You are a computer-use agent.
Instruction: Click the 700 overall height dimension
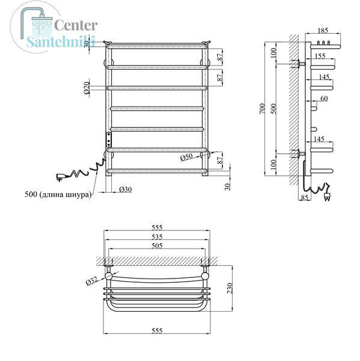(x=262, y=108)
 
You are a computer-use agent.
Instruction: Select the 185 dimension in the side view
(x=323, y=31)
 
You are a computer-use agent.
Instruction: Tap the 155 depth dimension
(x=320, y=56)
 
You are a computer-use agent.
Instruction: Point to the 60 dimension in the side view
(x=324, y=98)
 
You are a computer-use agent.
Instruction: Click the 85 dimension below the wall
(x=304, y=197)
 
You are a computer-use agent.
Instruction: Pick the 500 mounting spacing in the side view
(x=273, y=109)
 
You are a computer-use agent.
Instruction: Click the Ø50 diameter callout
(x=186, y=158)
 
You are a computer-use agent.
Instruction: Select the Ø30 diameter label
(x=126, y=190)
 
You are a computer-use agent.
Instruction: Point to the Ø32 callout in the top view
(x=91, y=281)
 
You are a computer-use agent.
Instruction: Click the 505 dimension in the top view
(x=157, y=245)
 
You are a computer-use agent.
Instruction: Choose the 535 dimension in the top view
(x=157, y=236)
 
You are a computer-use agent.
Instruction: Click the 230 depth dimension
(x=230, y=288)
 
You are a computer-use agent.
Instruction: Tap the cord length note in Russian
(x=58, y=194)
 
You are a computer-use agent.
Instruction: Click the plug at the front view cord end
(x=61, y=177)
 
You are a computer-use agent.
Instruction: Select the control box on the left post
(x=108, y=140)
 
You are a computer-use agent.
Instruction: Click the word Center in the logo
(x=76, y=25)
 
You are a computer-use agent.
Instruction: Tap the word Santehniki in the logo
(x=61, y=42)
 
